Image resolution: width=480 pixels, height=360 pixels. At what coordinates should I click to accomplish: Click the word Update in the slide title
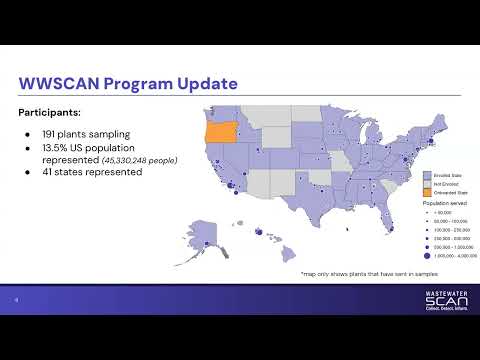click(x=206, y=82)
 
